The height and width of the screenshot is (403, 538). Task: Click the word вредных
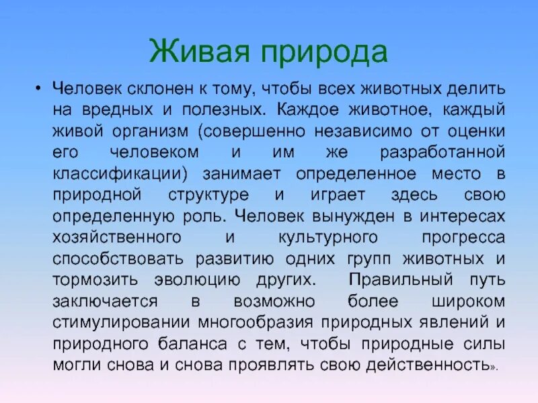[x=112, y=108]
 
